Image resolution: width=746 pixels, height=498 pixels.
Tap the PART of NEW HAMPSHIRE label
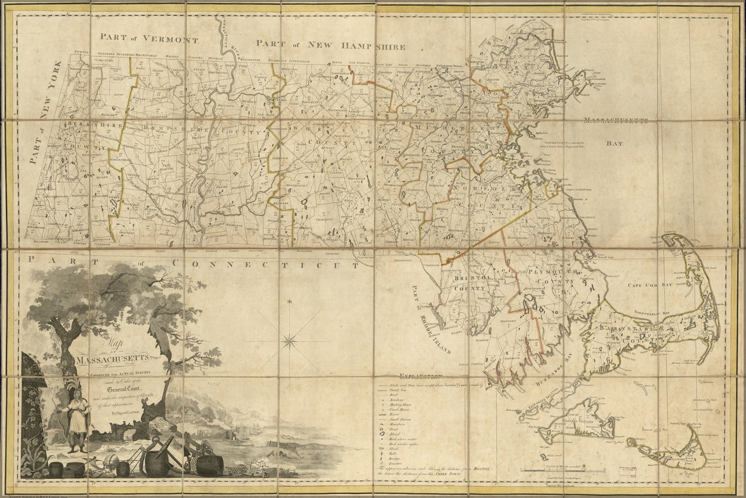[330, 44]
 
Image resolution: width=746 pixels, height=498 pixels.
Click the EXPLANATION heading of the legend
[421, 376]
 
